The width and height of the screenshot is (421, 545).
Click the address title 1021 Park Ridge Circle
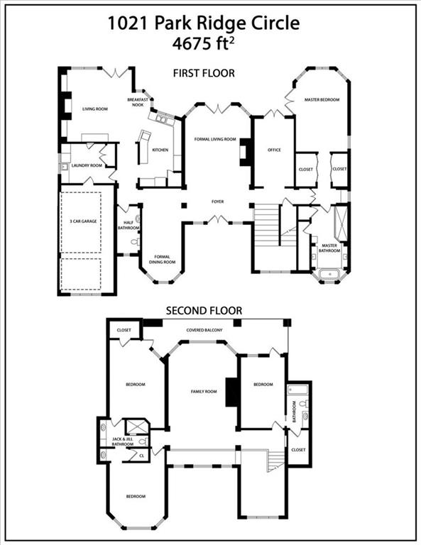204,23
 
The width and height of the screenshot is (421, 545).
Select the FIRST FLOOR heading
204,73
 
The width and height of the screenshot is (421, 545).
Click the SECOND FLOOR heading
204,310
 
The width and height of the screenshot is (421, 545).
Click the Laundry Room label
87,165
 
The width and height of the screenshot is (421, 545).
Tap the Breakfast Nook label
138,101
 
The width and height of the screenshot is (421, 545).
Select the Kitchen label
160,150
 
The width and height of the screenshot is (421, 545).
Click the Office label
275,150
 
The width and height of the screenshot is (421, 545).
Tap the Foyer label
217,202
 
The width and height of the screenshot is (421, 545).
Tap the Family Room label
203,392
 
